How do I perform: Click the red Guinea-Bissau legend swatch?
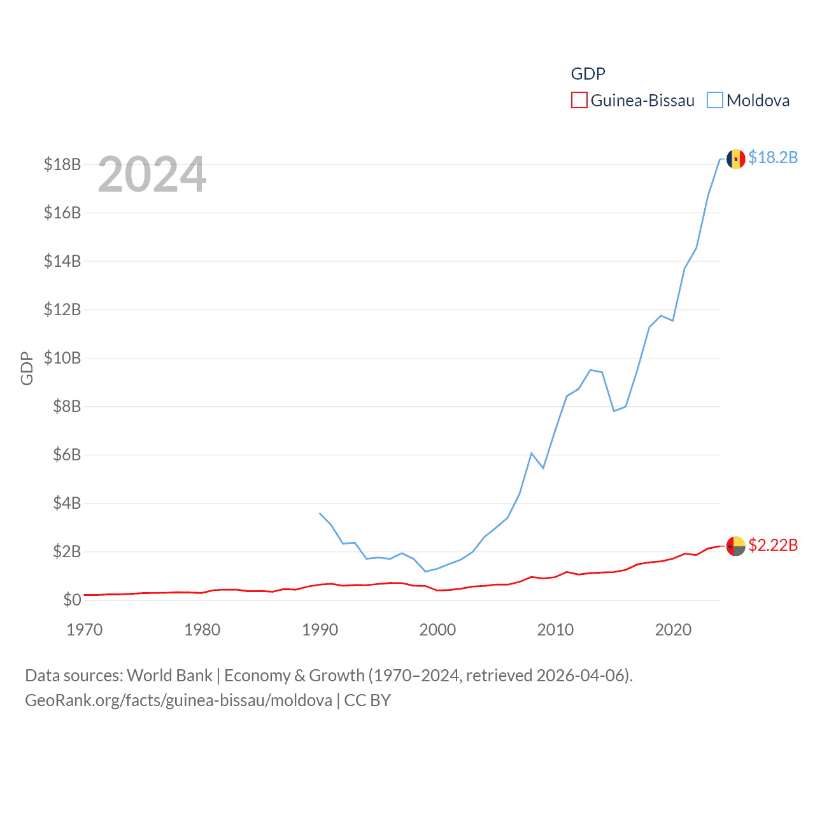click(579, 101)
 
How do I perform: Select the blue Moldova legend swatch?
click(715, 101)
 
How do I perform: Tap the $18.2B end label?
click(773, 157)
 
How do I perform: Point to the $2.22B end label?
click(773, 545)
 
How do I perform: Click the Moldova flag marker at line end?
click(736, 159)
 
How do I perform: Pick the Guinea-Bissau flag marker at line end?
click(736, 546)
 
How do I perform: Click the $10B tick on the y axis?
click(62, 358)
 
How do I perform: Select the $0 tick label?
click(72, 600)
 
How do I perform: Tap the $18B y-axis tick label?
click(62, 164)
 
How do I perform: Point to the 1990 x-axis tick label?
click(320, 630)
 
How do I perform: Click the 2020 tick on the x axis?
click(673, 630)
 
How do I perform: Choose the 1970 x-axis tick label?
click(85, 630)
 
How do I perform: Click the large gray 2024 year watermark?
click(152, 174)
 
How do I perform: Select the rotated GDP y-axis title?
click(27, 368)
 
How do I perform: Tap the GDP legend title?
click(588, 74)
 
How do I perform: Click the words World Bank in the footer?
click(169, 676)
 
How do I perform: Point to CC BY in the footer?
click(367, 700)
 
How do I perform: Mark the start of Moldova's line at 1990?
click(320, 513)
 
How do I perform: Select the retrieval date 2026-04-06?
click(583, 676)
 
